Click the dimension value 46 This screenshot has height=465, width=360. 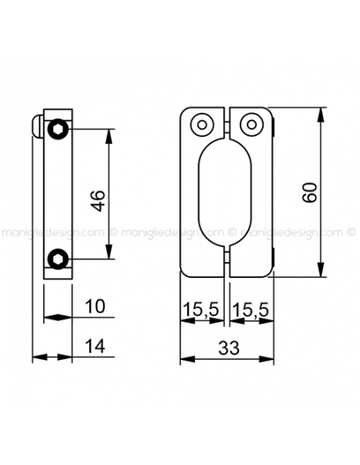(98, 201)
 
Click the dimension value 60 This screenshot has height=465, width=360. (310, 193)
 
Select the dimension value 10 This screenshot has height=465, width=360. (95, 306)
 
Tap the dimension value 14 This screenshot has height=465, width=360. (95, 346)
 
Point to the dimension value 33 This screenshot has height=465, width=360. (229, 348)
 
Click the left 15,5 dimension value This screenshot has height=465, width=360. (202, 309)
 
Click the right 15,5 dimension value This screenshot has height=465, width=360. (251, 309)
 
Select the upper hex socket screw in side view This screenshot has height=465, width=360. (58, 129)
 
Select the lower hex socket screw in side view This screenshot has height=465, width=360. (58, 259)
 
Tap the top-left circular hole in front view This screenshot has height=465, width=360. (202, 124)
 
